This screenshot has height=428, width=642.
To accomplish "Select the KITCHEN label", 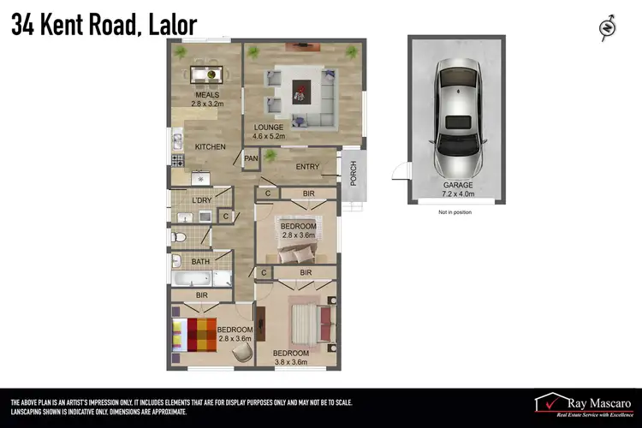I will click(x=210, y=147).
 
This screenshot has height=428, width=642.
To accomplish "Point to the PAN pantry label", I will click(x=251, y=158).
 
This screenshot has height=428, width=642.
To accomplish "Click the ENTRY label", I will click(x=307, y=167).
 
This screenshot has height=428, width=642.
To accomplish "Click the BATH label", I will click(x=200, y=262).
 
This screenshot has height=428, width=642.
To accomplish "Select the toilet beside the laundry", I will click(x=179, y=236).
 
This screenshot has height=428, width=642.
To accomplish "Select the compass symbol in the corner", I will click(x=607, y=27).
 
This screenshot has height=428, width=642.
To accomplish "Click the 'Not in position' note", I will click(x=455, y=211).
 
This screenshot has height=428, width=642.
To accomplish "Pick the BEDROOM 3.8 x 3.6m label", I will click(x=291, y=358).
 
